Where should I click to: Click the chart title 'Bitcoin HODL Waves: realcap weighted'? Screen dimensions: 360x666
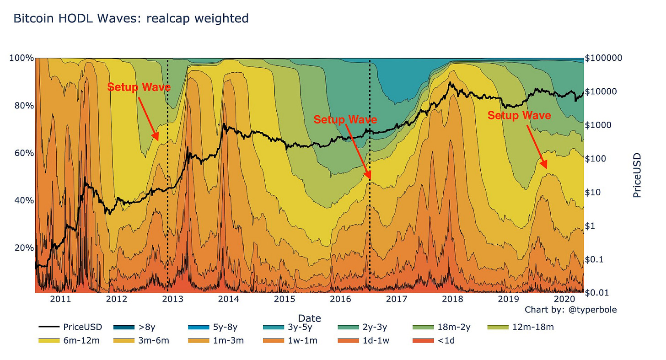coord(131,18)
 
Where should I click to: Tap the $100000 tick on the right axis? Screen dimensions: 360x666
coord(603,58)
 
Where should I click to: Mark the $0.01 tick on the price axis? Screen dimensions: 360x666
coord(597,292)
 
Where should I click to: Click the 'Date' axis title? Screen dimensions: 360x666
coord(309,318)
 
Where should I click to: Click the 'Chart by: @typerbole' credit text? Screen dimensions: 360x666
coord(570,310)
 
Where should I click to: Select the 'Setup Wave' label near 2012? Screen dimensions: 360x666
coord(139,87)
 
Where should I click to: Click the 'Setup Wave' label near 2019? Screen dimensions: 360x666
coord(519,116)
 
